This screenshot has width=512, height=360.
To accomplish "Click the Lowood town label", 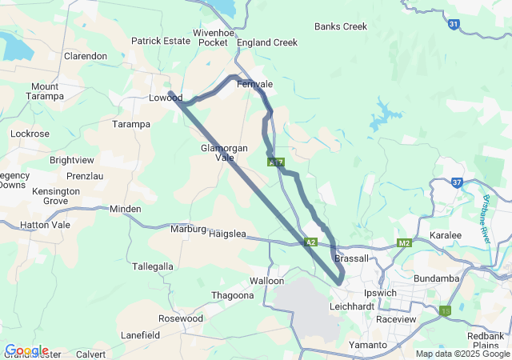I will [166, 98].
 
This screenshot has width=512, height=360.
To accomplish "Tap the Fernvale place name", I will [255, 84].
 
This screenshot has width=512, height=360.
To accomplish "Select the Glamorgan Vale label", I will [223, 153].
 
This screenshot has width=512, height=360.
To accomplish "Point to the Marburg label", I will [188, 229].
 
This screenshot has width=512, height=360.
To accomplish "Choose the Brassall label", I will [352, 258].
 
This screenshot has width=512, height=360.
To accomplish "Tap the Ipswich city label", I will [380, 293].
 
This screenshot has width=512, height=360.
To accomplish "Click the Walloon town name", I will [266, 281].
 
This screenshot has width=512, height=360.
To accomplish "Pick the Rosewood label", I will [181, 318].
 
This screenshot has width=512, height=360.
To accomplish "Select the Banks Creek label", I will [341, 26].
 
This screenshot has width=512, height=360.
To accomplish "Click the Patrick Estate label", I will [161, 41].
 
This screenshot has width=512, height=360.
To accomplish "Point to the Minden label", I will [126, 209].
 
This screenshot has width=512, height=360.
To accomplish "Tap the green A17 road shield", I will [276, 162].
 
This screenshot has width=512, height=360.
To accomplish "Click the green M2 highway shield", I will [404, 242].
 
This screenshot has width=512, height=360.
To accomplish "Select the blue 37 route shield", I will [457, 182].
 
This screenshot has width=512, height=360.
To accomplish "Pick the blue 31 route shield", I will [454, 25].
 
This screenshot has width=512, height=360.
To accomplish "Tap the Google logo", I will [26, 350].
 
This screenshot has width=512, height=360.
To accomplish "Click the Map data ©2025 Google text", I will [462, 354].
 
